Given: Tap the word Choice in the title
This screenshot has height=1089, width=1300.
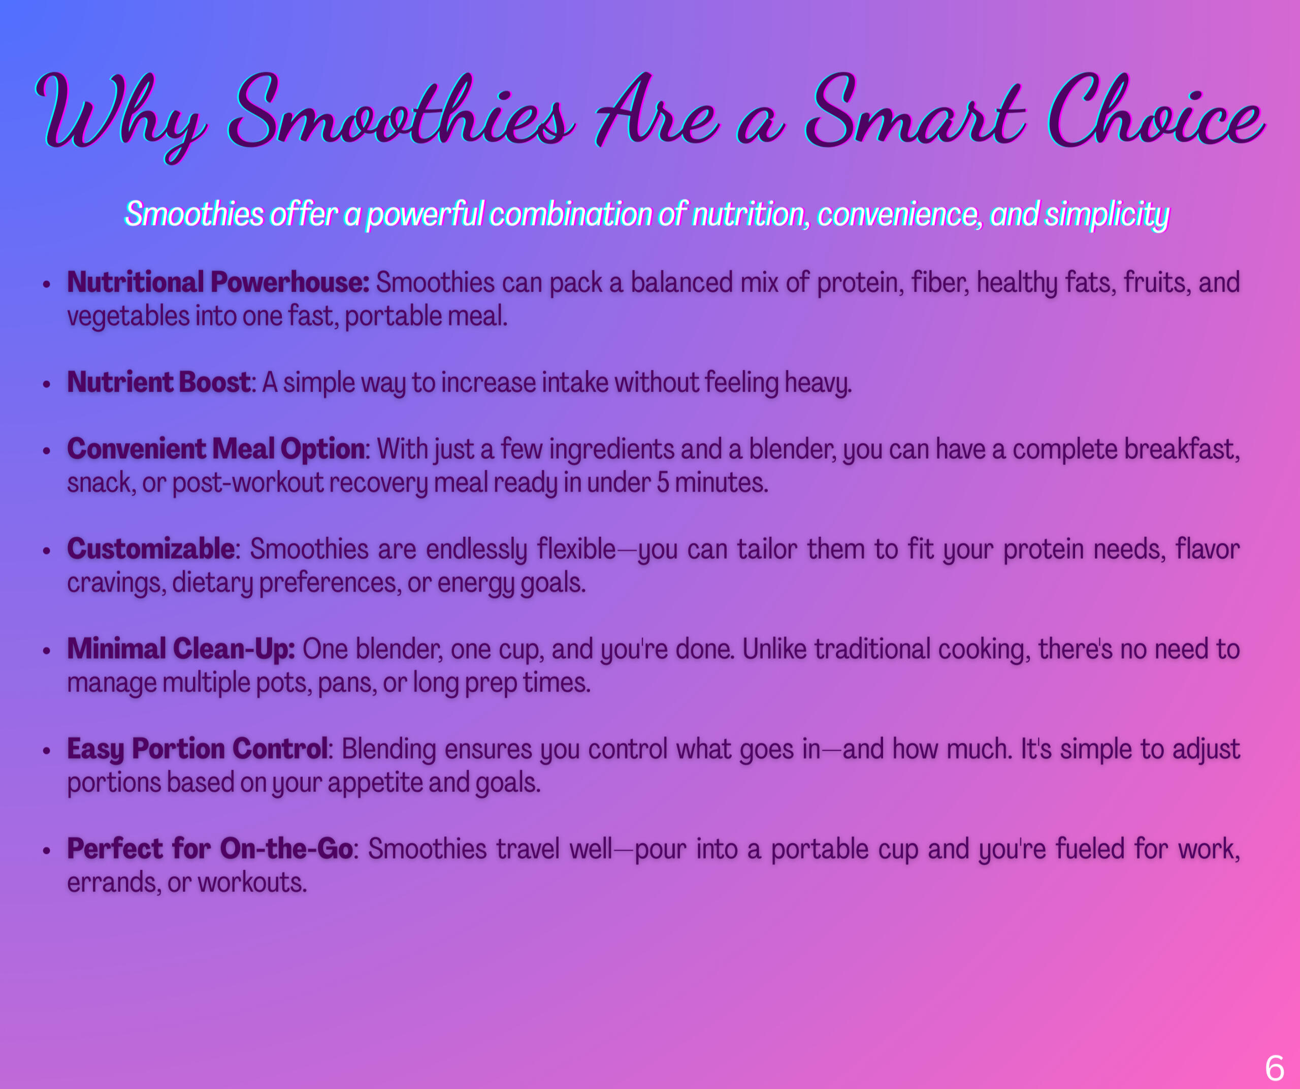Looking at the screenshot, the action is coord(1155,111).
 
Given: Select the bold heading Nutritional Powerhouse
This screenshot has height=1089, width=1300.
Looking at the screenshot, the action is coord(218,282).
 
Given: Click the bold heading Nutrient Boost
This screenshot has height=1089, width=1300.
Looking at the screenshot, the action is coord(158,382).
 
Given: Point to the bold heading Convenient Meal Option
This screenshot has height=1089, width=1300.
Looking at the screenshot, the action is coord(216,449).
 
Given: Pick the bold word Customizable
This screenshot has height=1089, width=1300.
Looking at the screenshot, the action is coord(150,549).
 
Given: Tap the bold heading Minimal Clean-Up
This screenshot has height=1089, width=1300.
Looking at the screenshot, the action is coord(181,649).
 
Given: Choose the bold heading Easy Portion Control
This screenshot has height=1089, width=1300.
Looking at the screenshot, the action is coord(198,749).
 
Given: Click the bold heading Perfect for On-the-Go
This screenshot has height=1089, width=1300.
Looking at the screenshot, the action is coord(210,849).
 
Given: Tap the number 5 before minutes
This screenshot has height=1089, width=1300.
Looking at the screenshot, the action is coord(663,483).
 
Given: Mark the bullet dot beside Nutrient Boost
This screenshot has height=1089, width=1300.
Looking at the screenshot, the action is coord(46,385).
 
